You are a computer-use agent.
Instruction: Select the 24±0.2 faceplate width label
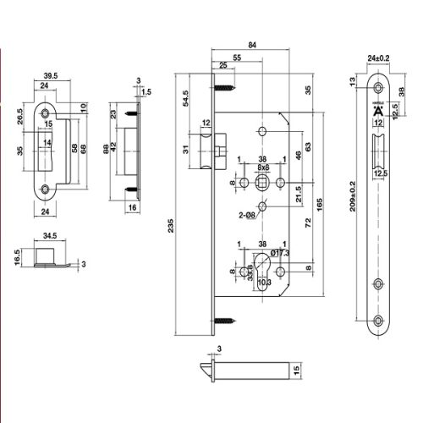click(379, 58)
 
